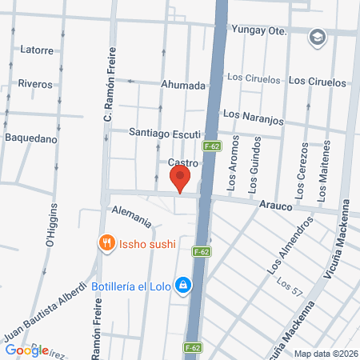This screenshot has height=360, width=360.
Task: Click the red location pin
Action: coord(182,178)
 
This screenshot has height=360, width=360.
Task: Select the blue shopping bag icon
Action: coord(183,285)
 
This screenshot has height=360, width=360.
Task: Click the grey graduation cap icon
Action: coord(318,36)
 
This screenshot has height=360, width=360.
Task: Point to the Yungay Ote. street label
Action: coord(258,30)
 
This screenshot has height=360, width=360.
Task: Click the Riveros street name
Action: coord(34,84)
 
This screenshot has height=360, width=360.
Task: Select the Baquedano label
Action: coord(31,138)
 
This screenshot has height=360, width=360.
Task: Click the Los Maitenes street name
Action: coord(323,172)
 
